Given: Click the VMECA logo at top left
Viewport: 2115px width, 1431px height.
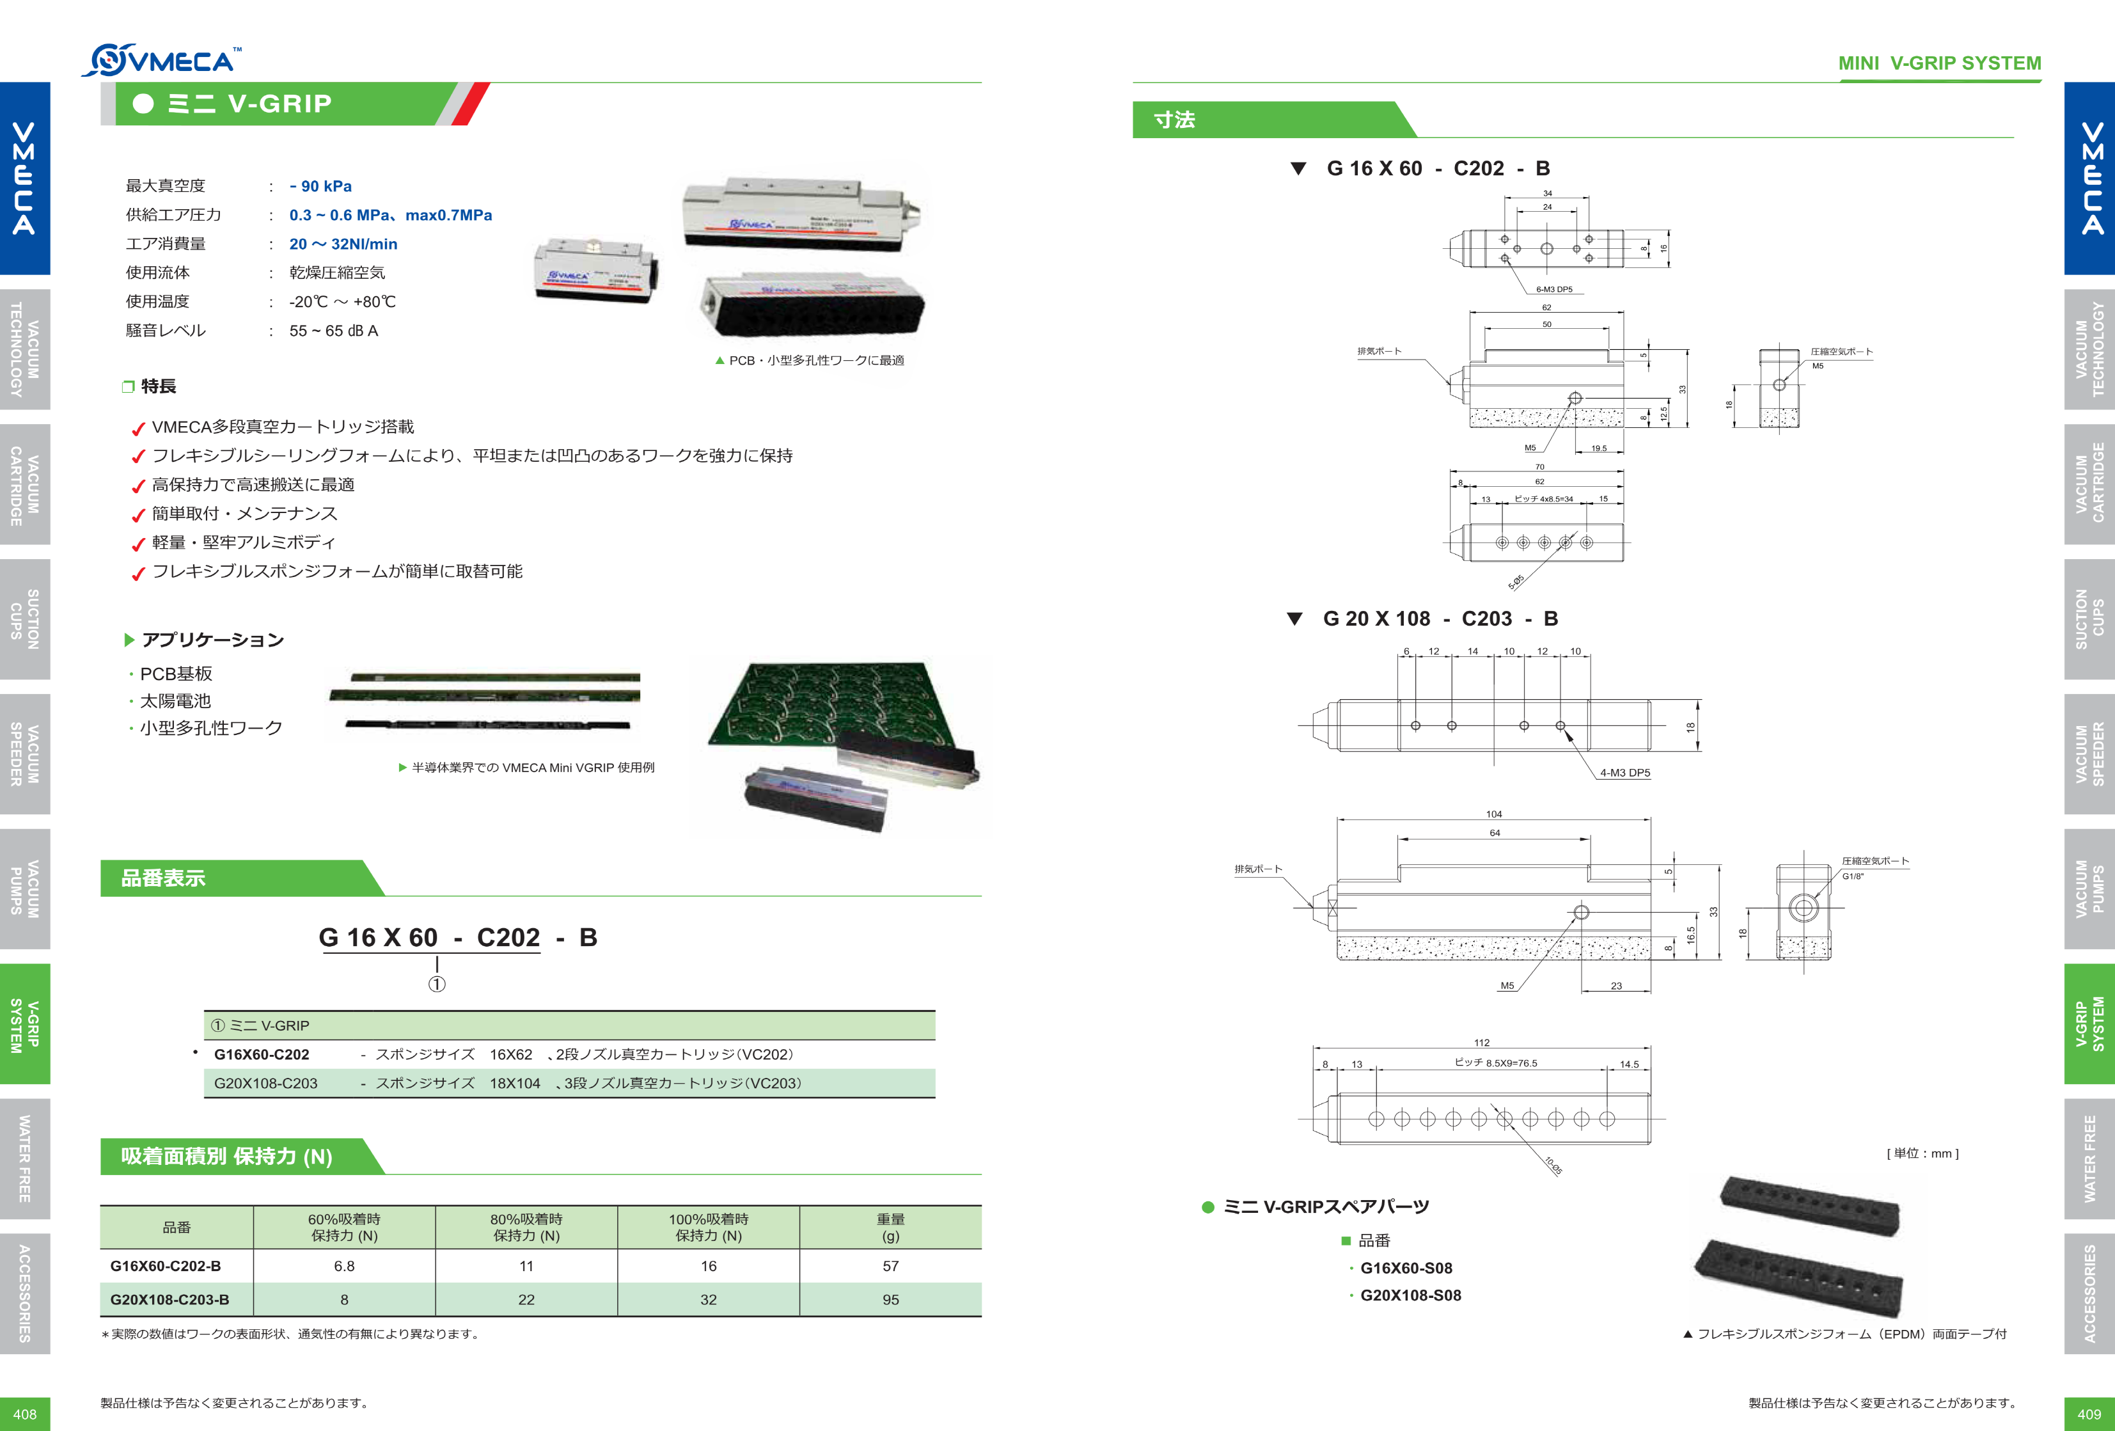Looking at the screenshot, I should (x=162, y=60).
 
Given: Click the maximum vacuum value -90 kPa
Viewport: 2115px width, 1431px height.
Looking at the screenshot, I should (x=320, y=186).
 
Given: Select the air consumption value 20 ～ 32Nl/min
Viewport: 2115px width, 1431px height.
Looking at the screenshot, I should (x=343, y=244).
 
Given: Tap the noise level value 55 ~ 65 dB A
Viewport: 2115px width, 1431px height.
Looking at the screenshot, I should (x=333, y=331).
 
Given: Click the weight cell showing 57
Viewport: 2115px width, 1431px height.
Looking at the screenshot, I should (x=890, y=1265).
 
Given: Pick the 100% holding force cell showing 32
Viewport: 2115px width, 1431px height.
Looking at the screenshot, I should (x=708, y=1299).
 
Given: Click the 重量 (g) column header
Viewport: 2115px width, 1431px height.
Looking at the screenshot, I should (x=890, y=1226).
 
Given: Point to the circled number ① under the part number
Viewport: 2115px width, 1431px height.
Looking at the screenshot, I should (x=437, y=984).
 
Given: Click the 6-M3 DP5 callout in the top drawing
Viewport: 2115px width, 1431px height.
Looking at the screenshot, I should (x=1553, y=290).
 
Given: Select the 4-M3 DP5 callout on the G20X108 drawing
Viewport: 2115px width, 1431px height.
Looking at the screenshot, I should (x=1624, y=773).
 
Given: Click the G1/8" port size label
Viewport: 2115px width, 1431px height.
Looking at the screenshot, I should (x=1853, y=876).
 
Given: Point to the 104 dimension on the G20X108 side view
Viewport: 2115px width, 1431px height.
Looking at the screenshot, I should (x=1493, y=814).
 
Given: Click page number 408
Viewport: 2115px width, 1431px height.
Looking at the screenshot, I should (x=24, y=1414).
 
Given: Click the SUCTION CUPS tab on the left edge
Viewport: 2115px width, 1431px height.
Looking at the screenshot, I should (x=24, y=619).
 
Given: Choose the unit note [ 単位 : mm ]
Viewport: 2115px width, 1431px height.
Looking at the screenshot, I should (x=1922, y=1153).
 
